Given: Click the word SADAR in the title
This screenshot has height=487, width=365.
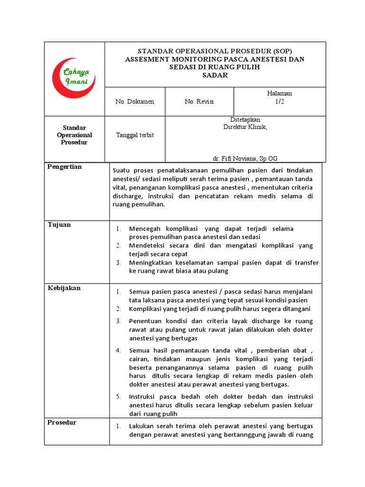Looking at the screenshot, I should coord(215,75).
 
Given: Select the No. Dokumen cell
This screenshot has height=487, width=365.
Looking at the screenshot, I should coord(134,102).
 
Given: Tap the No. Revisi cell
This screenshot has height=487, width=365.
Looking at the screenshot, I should coord(199,102).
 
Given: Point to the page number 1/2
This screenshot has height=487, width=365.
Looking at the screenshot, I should coord(279,102).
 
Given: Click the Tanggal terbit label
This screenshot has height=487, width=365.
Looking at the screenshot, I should coord(135,135).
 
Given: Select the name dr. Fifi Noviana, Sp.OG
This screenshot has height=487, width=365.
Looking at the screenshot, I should coord(245,158).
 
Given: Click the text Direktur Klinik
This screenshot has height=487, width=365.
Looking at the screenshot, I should coord(245,127).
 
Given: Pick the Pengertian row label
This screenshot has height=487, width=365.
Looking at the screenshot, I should coord(64,167).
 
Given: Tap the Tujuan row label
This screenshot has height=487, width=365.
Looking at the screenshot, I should coord(59,224).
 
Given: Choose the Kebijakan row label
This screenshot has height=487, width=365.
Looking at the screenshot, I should coord(64,288).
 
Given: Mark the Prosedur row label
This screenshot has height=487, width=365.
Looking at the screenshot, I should coord(62,422).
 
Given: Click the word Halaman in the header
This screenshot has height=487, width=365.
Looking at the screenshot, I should coord(279,94).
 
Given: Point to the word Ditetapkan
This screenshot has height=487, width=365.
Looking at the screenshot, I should coord(245,119).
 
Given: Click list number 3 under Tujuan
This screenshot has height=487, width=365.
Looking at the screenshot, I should coord(118,263).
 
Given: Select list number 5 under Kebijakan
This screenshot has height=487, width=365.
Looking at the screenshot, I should coord(118,397).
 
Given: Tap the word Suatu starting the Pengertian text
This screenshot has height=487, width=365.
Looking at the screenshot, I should coord(122,170).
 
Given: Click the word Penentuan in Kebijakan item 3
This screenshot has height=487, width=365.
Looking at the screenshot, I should coord(145,321).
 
